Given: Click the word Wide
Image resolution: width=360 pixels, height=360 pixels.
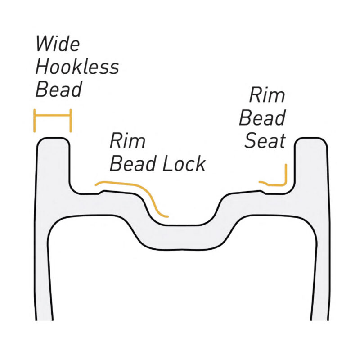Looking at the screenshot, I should (x=57, y=44).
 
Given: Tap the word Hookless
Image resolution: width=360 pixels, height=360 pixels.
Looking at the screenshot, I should (x=77, y=67).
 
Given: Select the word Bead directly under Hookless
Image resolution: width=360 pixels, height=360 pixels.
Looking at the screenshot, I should (x=58, y=90).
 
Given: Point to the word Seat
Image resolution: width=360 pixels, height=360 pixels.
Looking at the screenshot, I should (x=265, y=141).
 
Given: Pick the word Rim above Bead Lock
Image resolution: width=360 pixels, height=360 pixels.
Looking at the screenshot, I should (x=128, y=141).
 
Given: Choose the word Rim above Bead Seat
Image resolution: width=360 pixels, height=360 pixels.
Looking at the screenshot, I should (x=267, y=95).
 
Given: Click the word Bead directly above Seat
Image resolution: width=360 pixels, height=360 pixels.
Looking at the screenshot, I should (x=262, y=118).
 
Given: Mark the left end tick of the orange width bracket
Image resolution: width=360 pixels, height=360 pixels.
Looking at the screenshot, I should (x=35, y=120).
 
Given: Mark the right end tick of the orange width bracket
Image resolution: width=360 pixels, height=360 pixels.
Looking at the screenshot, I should (x=70, y=120).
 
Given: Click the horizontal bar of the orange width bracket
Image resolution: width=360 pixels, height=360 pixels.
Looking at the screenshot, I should (x=53, y=116).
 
